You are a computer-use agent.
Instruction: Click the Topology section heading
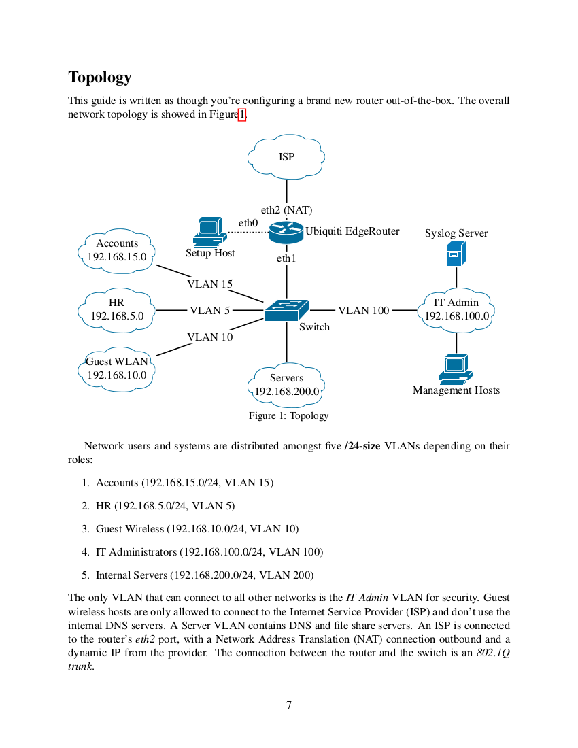(x=100, y=78)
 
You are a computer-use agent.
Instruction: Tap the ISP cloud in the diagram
(x=286, y=157)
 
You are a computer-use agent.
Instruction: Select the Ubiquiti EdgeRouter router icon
(x=286, y=233)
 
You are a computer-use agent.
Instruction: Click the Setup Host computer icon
(x=209, y=231)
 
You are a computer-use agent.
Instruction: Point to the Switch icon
(x=286, y=310)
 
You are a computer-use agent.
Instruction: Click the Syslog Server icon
(x=456, y=254)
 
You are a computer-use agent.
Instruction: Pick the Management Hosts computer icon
(x=456, y=368)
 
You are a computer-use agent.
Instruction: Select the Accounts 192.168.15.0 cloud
(x=117, y=250)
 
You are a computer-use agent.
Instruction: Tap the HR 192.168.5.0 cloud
(x=117, y=309)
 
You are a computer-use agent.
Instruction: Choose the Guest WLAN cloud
(x=116, y=369)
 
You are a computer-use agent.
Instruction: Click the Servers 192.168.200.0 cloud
(x=286, y=385)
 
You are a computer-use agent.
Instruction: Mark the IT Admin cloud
(x=456, y=309)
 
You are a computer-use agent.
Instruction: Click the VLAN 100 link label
(x=363, y=311)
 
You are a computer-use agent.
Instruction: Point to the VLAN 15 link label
(x=209, y=284)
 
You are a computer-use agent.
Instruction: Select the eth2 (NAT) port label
(x=286, y=210)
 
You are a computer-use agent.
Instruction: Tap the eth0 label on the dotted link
(x=248, y=222)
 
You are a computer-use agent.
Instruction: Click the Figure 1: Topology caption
(x=288, y=415)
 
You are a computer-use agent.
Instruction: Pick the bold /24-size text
(x=362, y=446)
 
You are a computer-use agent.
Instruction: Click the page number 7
(x=289, y=704)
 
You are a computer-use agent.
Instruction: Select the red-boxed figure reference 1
(x=241, y=114)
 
